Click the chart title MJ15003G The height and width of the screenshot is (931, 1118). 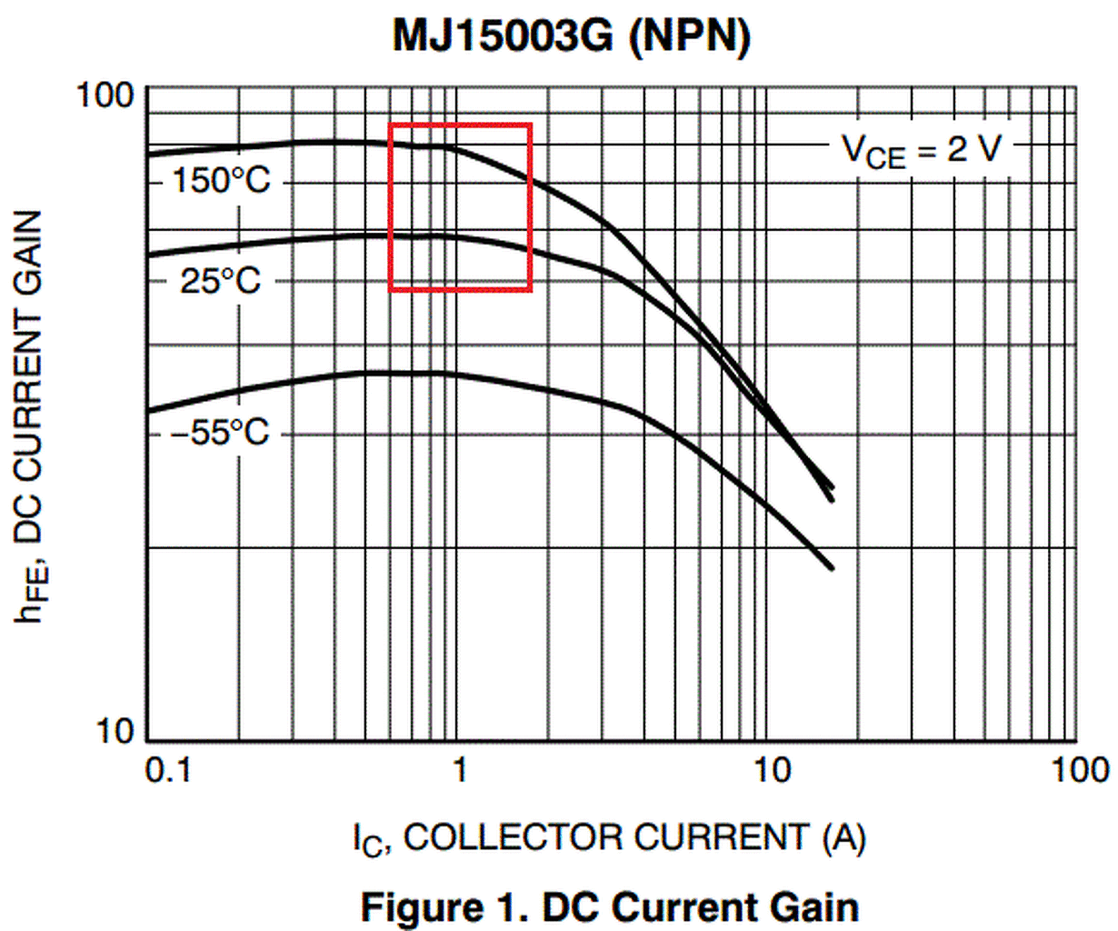(x=503, y=37)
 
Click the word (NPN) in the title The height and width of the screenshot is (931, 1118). (x=691, y=37)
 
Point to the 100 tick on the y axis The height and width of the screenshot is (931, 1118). (x=105, y=95)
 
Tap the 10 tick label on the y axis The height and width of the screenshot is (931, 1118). (x=115, y=730)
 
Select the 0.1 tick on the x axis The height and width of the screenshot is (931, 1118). (x=169, y=770)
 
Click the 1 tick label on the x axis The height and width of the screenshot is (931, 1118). (x=459, y=770)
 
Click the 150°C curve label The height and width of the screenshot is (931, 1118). (x=221, y=181)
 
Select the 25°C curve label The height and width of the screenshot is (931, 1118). (x=220, y=280)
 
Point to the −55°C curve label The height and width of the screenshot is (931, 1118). (x=220, y=432)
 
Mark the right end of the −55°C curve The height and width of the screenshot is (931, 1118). (x=832, y=568)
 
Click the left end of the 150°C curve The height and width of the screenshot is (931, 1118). (x=149, y=153)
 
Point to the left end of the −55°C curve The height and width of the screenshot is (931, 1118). (x=149, y=411)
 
